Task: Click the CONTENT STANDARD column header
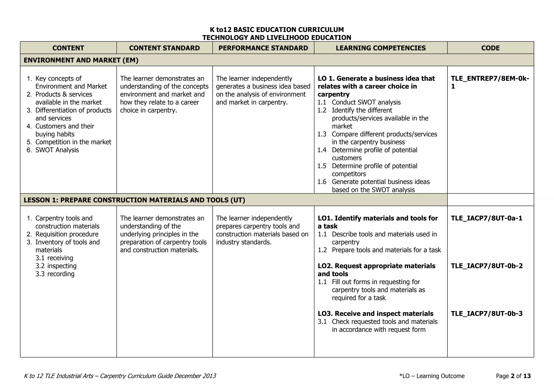click(164, 48)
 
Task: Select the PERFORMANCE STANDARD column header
click(263, 48)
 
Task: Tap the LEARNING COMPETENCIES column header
click(381, 48)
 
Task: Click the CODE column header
click(490, 48)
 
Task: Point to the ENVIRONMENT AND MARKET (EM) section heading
click(81, 60)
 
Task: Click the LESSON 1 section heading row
click(134, 200)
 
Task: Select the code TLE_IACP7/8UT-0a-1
click(486, 218)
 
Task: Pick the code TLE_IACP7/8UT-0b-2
click(486, 266)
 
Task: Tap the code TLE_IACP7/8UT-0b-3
click(486, 314)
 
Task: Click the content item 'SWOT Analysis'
click(57, 150)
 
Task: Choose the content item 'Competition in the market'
click(73, 142)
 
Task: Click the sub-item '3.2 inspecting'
click(56, 266)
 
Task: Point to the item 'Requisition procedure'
click(67, 234)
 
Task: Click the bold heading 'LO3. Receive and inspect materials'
click(375, 314)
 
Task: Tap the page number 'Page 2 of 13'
click(513, 376)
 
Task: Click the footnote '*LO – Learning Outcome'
click(432, 376)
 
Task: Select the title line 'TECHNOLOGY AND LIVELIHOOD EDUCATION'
click(276, 38)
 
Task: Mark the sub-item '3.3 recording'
click(55, 274)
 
